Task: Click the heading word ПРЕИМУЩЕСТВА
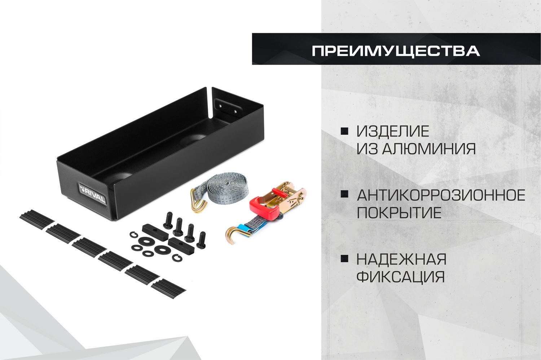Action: [x=396, y=51]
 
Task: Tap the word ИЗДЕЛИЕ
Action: [x=393, y=131]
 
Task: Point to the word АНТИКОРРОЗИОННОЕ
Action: [x=441, y=195]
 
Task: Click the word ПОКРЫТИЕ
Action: [x=399, y=213]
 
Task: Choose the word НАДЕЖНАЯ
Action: [x=401, y=259]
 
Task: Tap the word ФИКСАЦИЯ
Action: [x=401, y=276]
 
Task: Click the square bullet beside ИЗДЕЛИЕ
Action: [x=344, y=131]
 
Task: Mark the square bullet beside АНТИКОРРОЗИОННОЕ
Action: [x=344, y=195]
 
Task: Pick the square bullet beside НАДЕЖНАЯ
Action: [x=344, y=259]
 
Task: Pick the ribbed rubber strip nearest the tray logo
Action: [x=37, y=217]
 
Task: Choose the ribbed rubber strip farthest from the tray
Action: [x=168, y=289]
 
